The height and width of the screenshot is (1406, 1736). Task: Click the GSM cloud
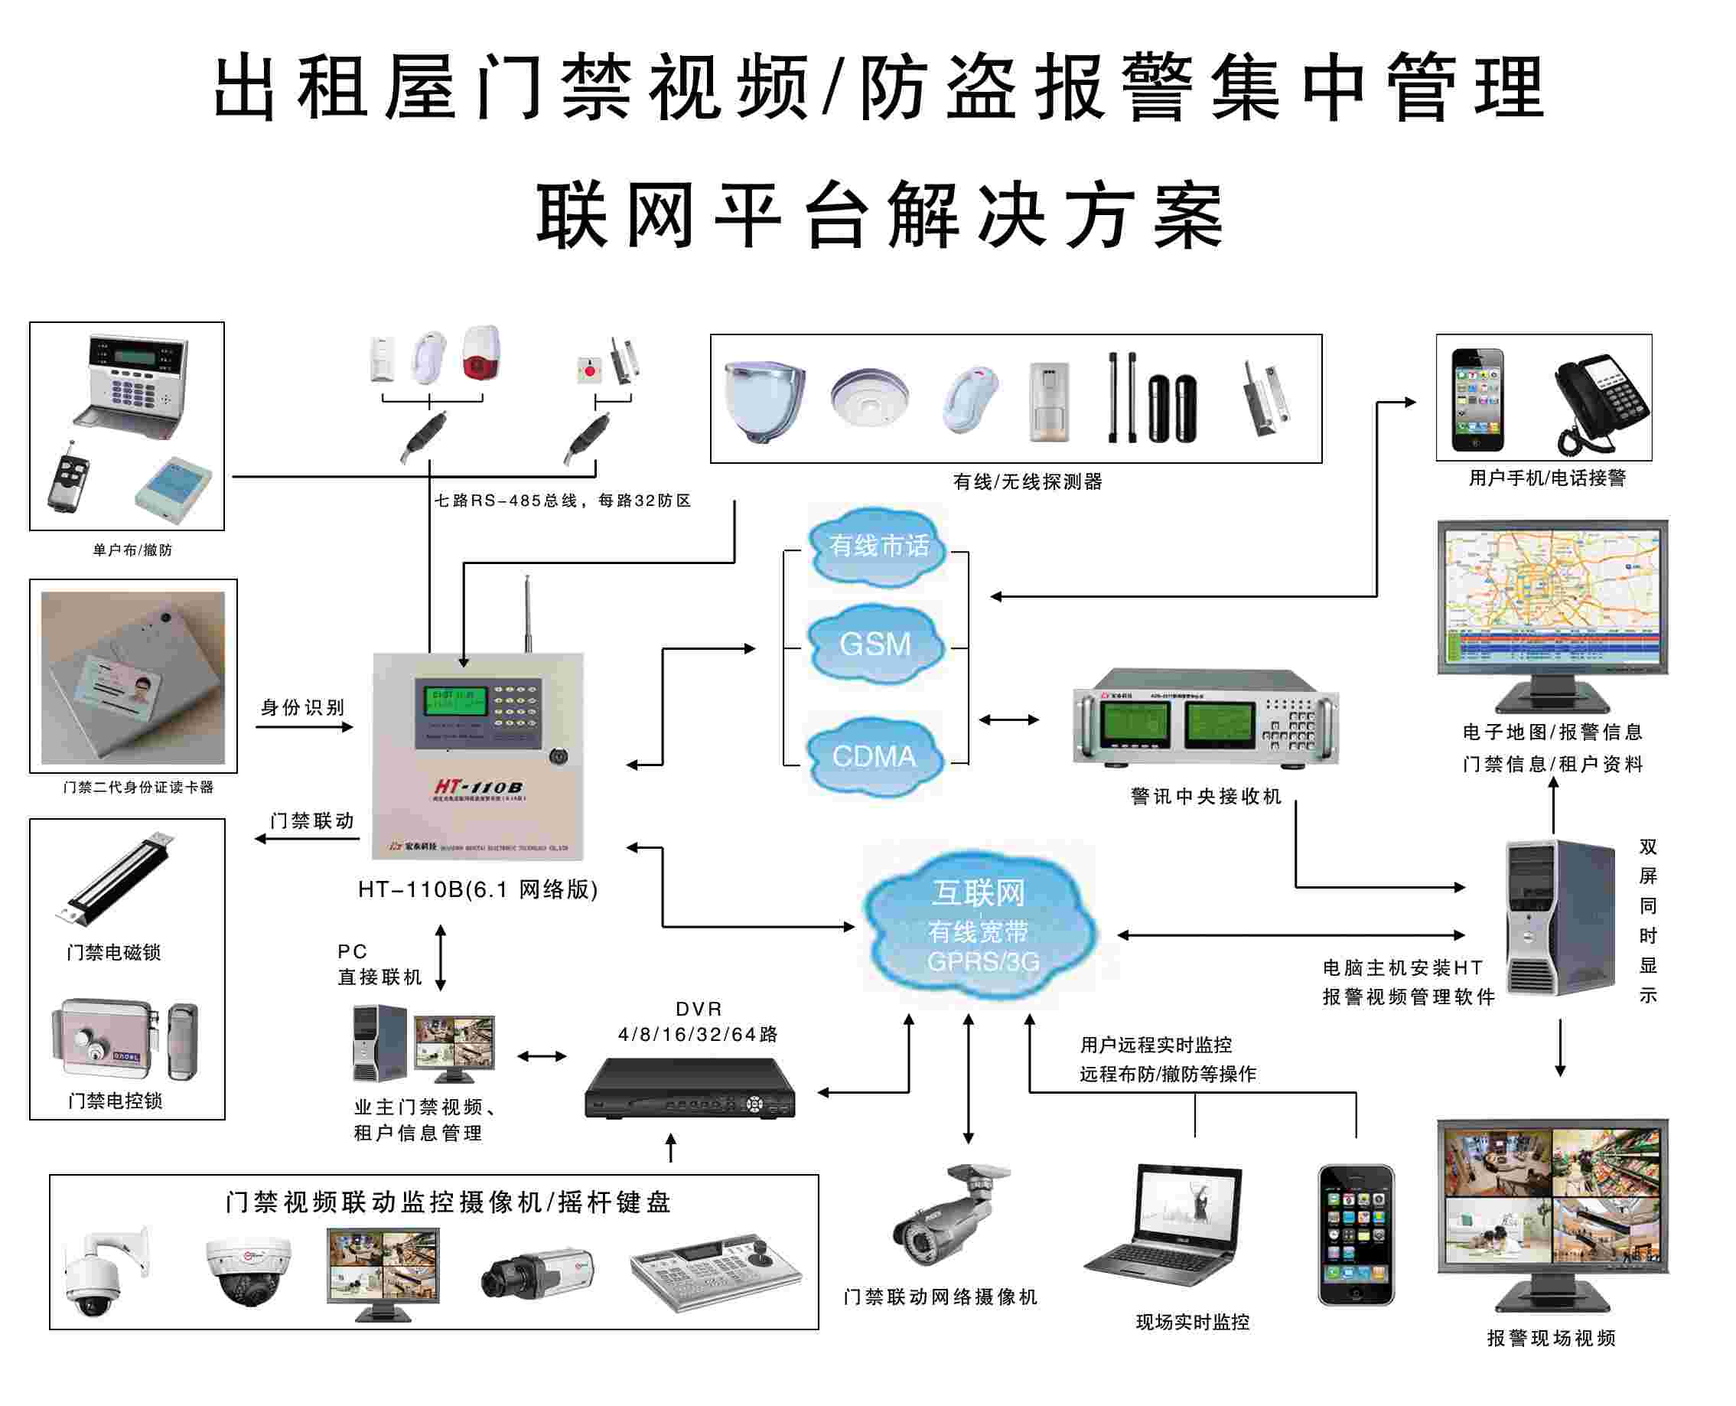[x=875, y=644]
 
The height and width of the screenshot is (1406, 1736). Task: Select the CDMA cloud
[x=875, y=755]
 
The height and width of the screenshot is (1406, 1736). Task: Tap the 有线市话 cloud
[x=878, y=545]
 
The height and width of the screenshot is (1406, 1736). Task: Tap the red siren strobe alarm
[x=481, y=353]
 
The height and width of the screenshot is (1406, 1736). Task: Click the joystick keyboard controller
[x=716, y=1271]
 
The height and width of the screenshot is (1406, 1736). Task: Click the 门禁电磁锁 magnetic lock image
[x=113, y=879]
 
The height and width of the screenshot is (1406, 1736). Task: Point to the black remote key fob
[x=69, y=478]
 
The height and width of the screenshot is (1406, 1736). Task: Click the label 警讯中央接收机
[x=1205, y=797]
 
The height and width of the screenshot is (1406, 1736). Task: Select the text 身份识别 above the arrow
[x=302, y=708]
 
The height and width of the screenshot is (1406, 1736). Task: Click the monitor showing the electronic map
[x=1552, y=599]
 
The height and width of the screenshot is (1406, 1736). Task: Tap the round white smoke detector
[x=869, y=397]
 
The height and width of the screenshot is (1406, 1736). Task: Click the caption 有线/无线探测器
[x=1027, y=482]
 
